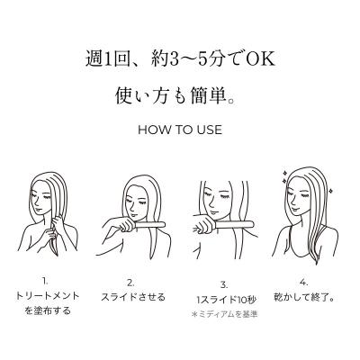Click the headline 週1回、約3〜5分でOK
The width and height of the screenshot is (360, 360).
(180, 61)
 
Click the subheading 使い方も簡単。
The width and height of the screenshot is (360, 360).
(180, 94)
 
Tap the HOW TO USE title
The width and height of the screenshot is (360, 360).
(180, 130)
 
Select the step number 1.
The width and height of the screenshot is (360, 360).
(57, 280)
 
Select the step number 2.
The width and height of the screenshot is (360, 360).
(130, 280)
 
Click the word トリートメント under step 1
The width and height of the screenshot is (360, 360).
(57, 295)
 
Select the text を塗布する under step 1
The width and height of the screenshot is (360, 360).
(57, 310)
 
